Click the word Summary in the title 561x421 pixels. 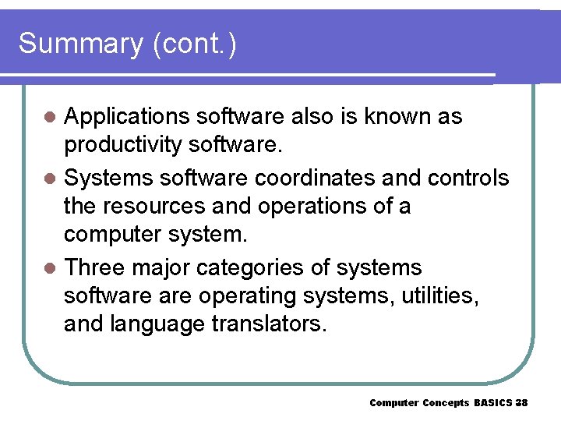pyautogui.click(x=80, y=44)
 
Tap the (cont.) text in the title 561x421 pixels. pyautogui.click(x=195, y=44)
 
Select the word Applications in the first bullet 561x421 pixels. pyautogui.click(x=128, y=117)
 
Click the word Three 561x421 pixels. pyautogui.click(x=94, y=268)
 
